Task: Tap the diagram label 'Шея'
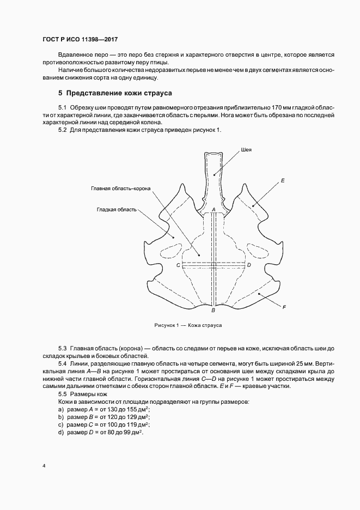245,150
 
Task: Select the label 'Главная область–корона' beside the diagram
120,189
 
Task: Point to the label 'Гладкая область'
117,209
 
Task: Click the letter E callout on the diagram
283,179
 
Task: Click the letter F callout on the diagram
284,307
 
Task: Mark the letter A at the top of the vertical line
213,209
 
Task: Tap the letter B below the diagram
213,311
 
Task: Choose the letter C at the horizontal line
178,265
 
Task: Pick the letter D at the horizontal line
249,265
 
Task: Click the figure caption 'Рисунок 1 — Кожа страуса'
188,325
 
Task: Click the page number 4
44,466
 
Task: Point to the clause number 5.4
62,362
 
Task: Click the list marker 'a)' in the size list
60,409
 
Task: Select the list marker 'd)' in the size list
60,432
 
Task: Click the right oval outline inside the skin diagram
257,249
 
